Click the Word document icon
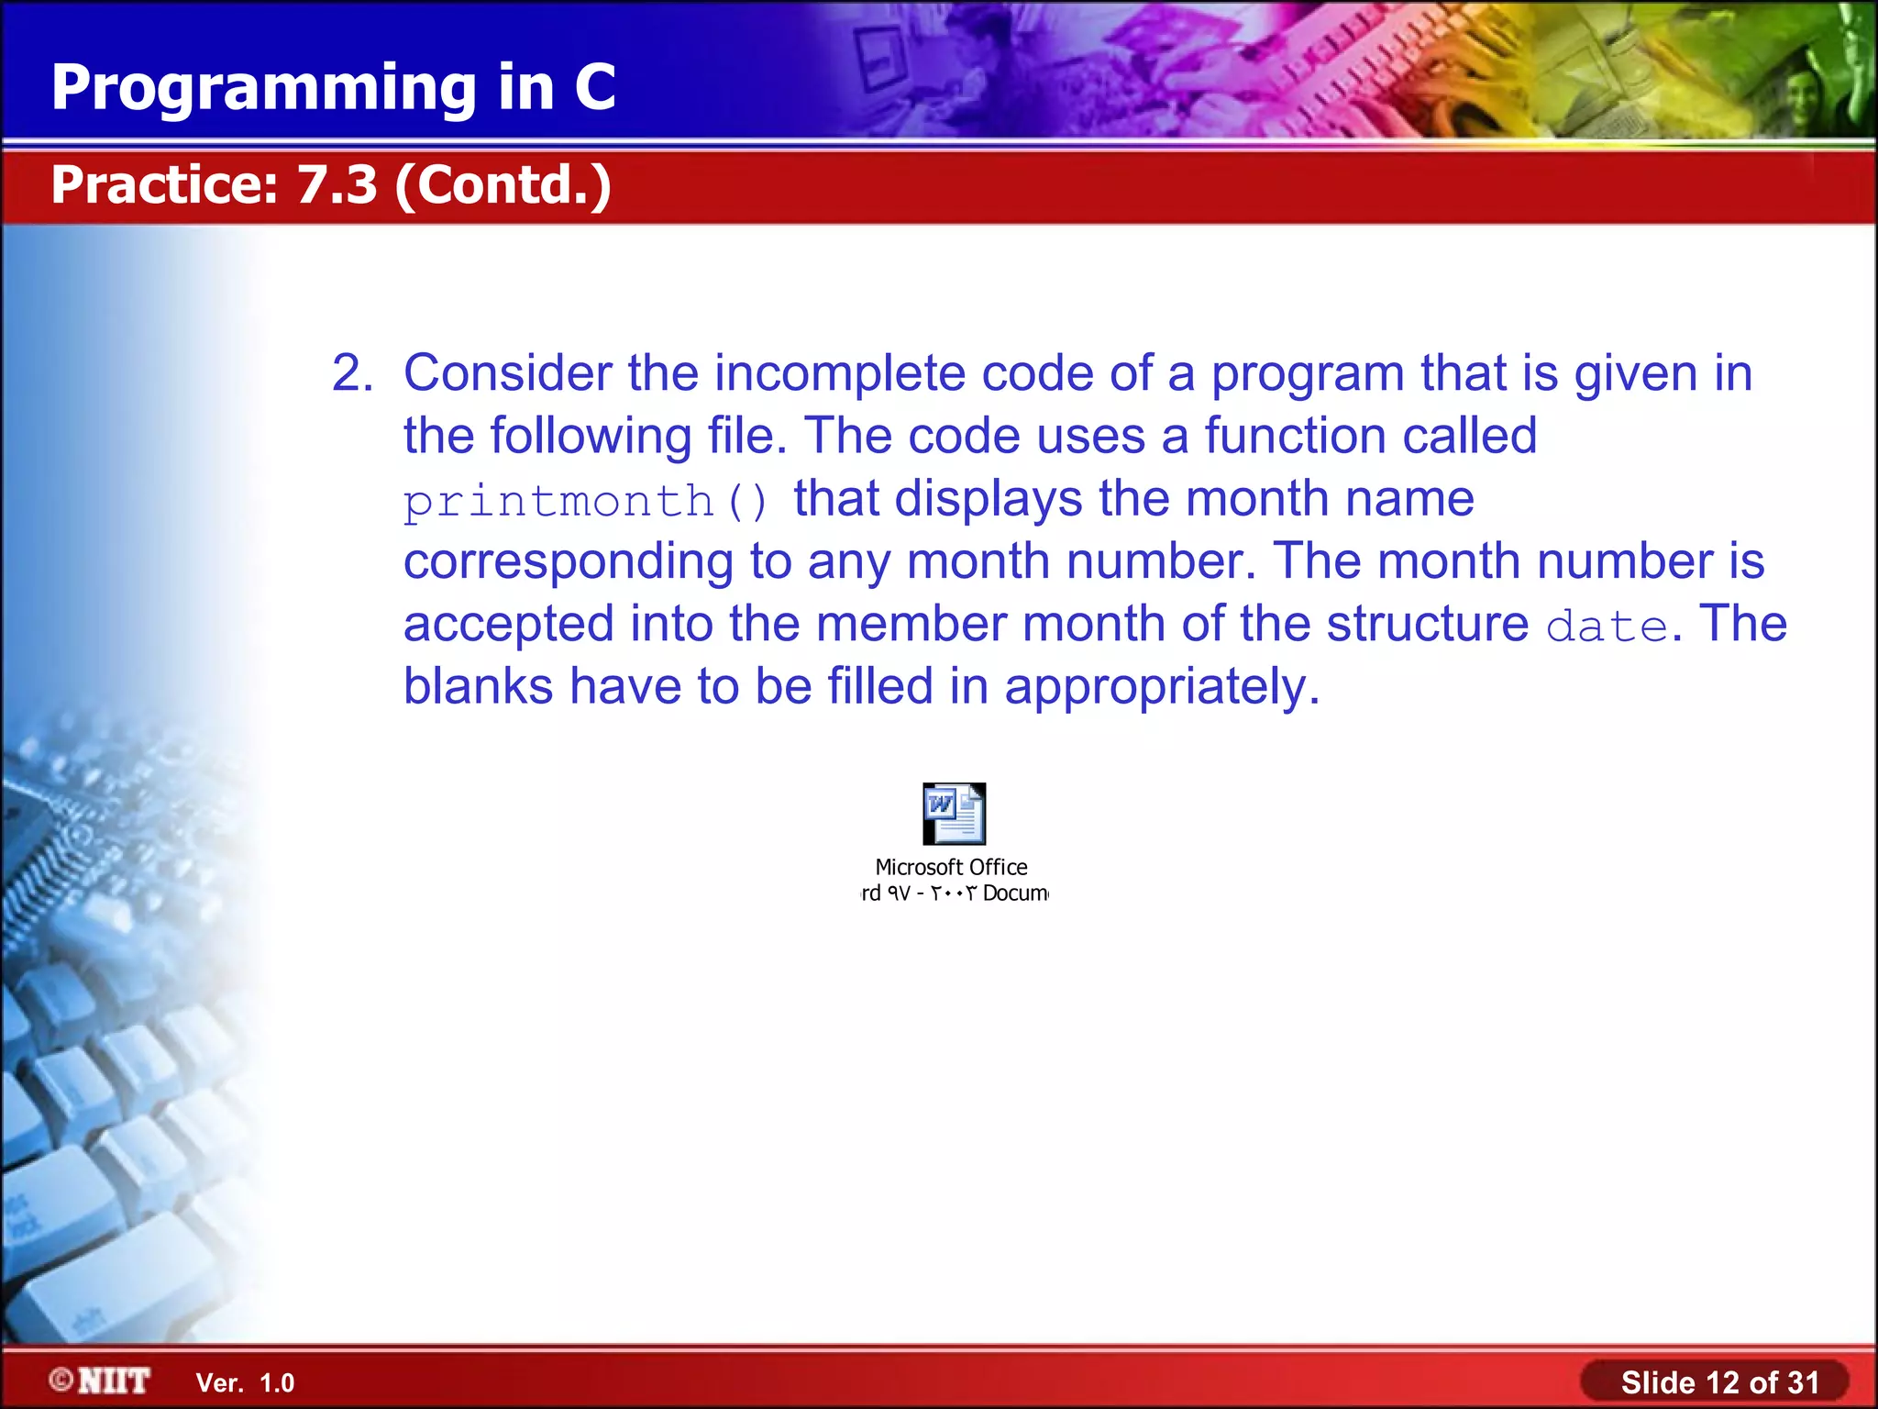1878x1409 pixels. coord(954,813)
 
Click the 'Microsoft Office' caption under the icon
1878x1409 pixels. coord(951,867)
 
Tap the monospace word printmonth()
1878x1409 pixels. coord(586,502)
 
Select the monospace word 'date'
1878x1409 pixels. coord(1607,627)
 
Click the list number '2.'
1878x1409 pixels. coord(352,374)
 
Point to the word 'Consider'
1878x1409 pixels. coord(508,374)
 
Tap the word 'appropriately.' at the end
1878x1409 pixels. coord(1162,687)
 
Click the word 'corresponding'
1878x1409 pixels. coord(569,561)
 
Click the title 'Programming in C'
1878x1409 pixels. coord(333,88)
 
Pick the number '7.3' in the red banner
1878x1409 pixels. coord(337,184)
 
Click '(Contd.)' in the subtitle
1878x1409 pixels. coord(503,184)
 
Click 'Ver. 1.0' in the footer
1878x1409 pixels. coord(245,1383)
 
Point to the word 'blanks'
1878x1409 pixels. coord(478,687)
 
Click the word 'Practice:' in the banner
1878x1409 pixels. coord(164,184)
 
